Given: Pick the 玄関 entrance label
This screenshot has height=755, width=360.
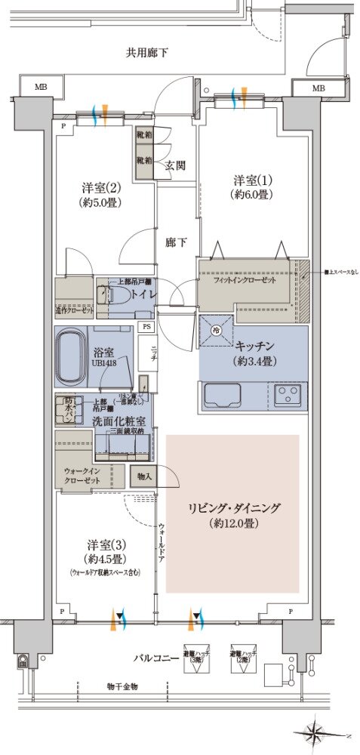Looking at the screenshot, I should tap(176, 165).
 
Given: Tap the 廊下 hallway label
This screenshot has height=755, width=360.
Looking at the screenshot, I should tap(177, 242).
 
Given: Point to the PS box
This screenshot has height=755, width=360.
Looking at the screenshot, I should tap(147, 327).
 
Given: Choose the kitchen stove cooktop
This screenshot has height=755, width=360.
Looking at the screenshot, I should tap(287, 394).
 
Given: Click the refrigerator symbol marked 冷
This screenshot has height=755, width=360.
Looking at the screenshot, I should tap(216, 330).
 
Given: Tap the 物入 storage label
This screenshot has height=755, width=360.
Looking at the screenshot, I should tap(143, 476).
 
